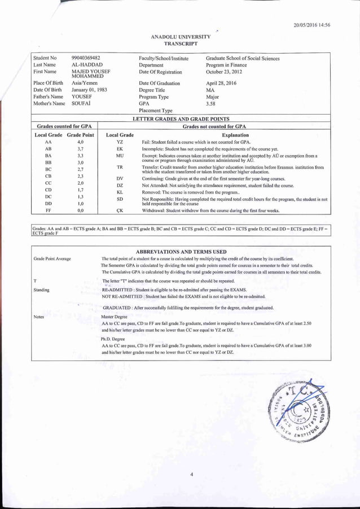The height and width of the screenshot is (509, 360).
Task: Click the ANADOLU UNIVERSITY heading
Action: click(x=181, y=37)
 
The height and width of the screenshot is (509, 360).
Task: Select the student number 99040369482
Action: click(x=86, y=58)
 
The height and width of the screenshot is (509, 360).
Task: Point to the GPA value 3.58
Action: click(x=211, y=104)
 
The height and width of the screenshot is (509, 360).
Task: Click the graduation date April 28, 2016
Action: click(x=221, y=83)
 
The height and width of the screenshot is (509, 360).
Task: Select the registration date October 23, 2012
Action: click(x=224, y=72)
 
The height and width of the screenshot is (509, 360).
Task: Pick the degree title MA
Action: click(x=210, y=90)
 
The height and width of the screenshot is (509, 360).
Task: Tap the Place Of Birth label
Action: click(x=47, y=83)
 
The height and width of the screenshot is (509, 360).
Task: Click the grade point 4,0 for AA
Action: click(x=80, y=143)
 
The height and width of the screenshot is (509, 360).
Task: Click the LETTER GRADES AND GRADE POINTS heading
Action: click(x=181, y=120)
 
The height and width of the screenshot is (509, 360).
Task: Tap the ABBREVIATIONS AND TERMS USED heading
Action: click(x=181, y=252)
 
